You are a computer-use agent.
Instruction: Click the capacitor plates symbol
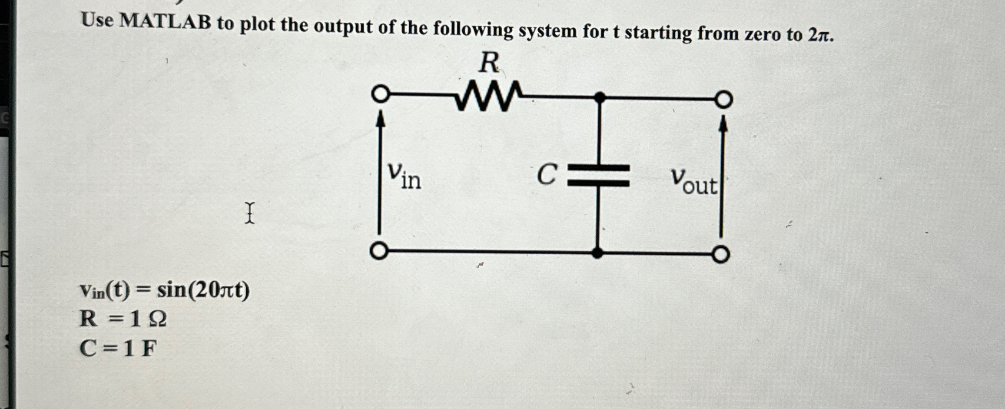coord(599,176)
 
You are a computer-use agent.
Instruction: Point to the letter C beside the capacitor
coord(547,175)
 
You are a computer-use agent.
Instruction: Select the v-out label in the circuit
coord(694,181)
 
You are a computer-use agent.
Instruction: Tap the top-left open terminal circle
coord(381,94)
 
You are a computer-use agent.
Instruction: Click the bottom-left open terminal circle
coord(379,251)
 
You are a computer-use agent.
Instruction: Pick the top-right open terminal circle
coord(723,100)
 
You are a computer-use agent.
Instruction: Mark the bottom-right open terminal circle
coord(720,254)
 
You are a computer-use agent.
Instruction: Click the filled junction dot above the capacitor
coord(600,97)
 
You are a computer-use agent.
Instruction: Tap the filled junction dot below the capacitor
coord(598,253)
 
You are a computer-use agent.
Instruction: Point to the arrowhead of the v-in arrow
coord(381,118)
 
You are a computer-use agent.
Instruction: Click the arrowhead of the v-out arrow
coord(723,123)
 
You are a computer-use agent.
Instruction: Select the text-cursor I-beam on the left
coord(249,213)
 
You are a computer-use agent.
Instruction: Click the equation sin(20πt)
coord(203,290)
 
